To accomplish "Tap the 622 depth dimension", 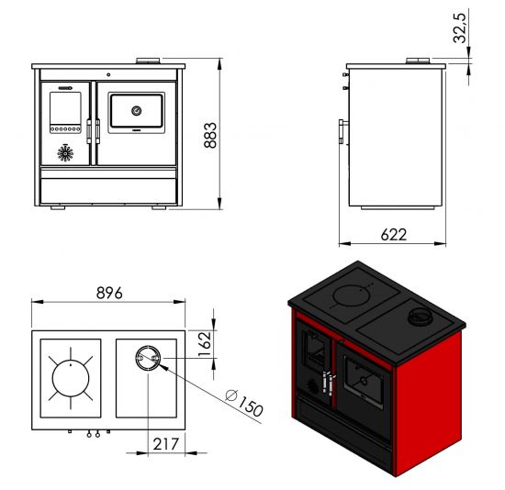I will (393, 234).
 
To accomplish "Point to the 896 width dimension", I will (108, 292).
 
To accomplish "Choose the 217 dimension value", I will (166, 443).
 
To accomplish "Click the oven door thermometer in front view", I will (136, 111).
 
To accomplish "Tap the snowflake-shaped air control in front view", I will (65, 151).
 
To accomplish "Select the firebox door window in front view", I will (64, 112).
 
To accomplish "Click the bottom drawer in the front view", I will (108, 189).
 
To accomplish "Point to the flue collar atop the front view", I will (146, 62).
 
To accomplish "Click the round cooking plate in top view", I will (70, 377).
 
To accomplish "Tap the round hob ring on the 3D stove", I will (353, 295).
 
